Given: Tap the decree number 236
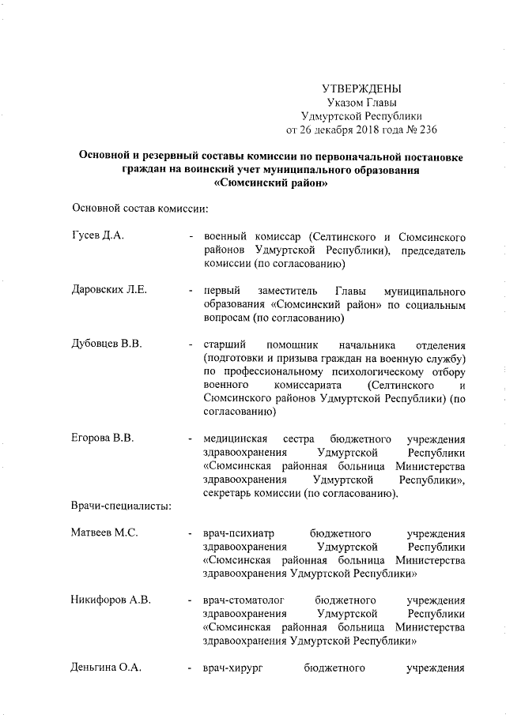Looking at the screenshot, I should (427, 130).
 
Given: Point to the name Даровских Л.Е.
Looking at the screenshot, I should (109, 291).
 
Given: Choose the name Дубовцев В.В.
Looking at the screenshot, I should (106, 345).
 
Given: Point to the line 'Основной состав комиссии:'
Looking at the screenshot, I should (140, 209).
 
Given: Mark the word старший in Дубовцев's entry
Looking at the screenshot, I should (225, 345).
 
